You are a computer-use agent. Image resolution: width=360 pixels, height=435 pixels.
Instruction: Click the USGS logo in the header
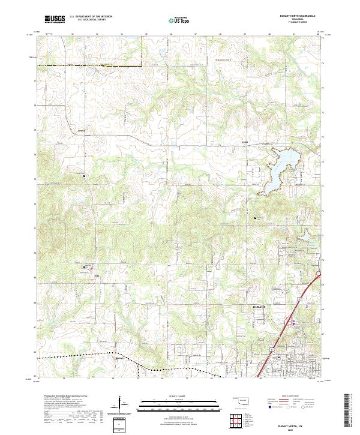pos(55,19)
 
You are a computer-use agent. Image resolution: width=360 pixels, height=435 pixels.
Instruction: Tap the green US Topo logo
pos(179,20)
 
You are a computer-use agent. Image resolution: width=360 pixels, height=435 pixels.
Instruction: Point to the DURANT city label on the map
pos(256,306)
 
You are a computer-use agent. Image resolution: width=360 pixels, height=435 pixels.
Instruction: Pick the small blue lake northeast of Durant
pos(303,238)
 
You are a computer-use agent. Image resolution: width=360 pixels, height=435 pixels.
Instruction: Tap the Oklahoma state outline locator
pos(241,400)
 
